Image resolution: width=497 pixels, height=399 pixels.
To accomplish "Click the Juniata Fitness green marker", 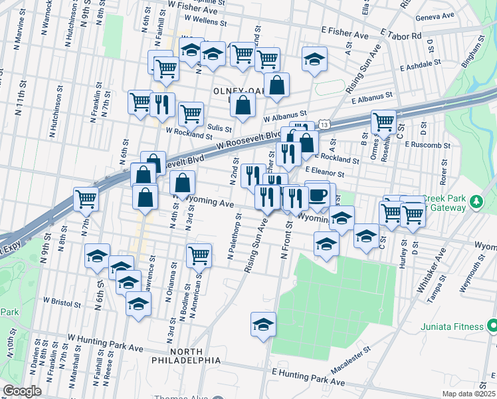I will [492, 326].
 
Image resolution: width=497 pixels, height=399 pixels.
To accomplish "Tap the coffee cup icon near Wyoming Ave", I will [318, 195].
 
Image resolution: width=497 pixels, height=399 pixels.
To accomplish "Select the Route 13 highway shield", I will [324, 124].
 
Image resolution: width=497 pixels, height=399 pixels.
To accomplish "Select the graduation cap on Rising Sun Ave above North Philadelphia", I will [263, 325].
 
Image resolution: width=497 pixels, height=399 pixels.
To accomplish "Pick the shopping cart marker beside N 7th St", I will [86, 198].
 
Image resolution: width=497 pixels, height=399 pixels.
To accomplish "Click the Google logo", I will [22, 391].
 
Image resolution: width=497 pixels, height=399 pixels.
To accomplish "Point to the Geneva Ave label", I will [435, 15].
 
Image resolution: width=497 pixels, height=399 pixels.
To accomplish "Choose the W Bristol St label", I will [62, 303].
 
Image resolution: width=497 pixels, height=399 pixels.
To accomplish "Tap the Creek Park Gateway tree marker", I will [476, 200].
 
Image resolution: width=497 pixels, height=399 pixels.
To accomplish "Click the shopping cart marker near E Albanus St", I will [383, 122].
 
